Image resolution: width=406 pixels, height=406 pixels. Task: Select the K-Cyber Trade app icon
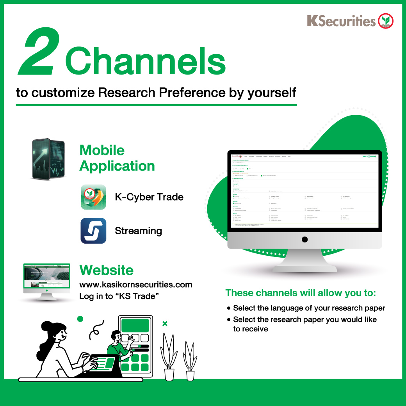(93, 197)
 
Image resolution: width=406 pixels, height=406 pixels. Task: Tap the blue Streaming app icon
(93, 231)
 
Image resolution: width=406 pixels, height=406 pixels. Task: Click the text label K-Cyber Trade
(149, 197)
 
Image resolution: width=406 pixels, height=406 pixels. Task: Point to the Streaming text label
(138, 231)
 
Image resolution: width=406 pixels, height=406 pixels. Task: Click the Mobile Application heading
(117, 158)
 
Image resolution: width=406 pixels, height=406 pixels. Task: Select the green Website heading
(106, 270)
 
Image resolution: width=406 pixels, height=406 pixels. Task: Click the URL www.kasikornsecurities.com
(135, 285)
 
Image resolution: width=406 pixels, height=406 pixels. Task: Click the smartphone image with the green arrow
(48, 159)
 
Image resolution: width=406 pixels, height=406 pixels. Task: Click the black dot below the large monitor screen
(304, 239)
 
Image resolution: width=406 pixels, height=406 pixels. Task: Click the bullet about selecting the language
(309, 308)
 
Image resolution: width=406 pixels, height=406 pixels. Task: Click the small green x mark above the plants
(165, 323)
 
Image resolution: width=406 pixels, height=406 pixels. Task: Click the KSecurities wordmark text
(341, 21)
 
